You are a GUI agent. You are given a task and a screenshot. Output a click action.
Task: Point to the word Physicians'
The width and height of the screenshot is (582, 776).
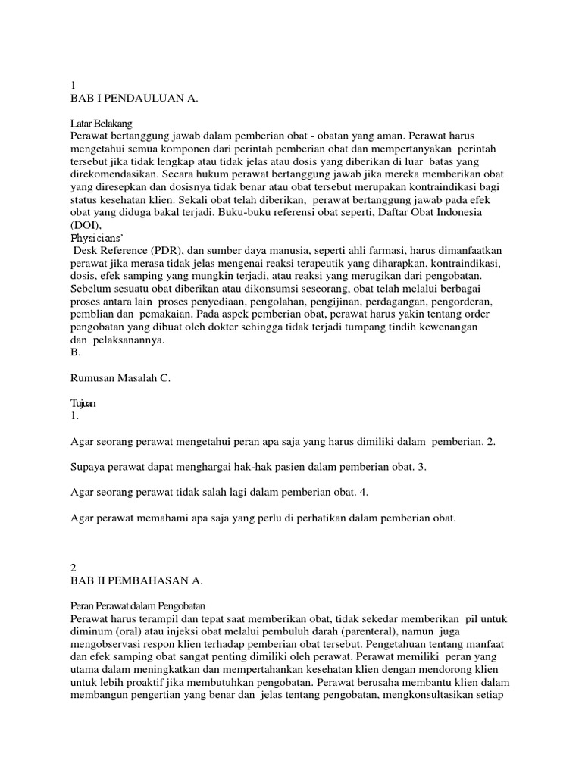[x=98, y=238]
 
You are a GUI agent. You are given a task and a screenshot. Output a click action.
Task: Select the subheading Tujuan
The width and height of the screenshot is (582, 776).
[x=83, y=404]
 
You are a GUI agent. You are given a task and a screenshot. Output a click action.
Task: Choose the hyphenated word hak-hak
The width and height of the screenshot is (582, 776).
[x=266, y=467]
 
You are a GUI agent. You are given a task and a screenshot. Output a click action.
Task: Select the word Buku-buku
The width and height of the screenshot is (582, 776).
[x=246, y=213]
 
